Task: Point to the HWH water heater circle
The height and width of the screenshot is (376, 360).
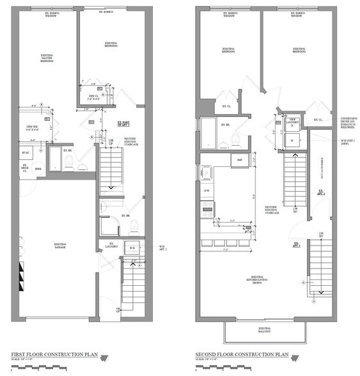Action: pos(38,169)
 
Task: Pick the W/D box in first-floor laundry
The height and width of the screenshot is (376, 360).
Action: pos(132,248)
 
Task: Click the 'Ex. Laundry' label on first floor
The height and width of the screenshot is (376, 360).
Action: pos(111,245)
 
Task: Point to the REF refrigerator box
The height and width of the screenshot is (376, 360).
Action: pos(239,160)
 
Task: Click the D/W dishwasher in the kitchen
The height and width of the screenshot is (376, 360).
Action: pos(207,191)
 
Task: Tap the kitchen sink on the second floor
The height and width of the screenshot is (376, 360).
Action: pos(206,172)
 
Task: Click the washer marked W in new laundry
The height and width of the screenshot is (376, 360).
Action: pos(292,140)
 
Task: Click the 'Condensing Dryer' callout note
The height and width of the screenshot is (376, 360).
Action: pos(346,122)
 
